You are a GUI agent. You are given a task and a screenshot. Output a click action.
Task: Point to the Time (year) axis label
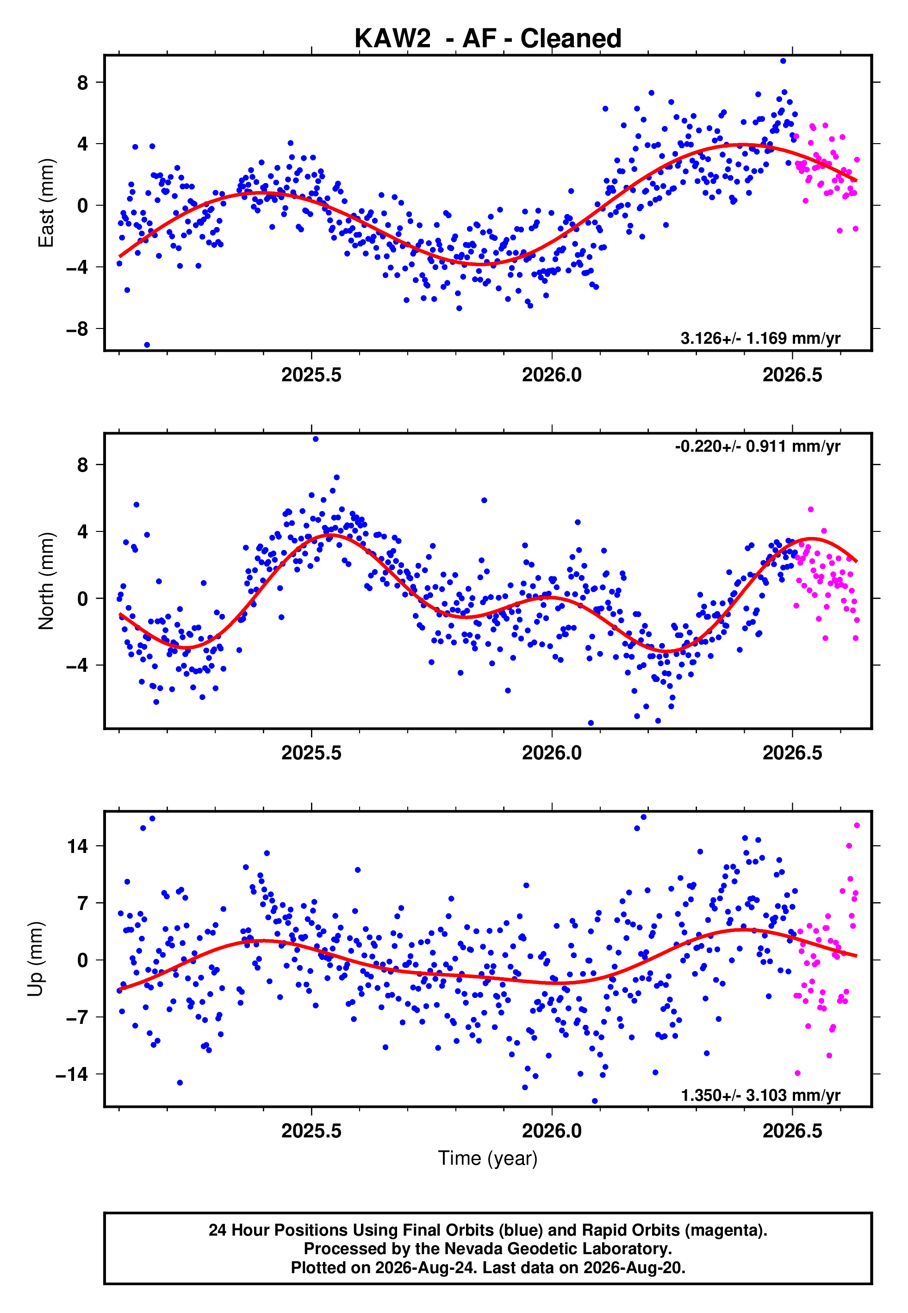click(488, 1158)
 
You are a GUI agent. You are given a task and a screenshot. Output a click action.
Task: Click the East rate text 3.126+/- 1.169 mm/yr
click(760, 338)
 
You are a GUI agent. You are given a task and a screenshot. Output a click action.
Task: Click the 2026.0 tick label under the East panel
click(552, 375)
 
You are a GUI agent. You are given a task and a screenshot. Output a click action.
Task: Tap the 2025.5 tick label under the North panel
click(311, 753)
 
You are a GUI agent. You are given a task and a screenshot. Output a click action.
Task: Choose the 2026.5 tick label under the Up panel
click(792, 1131)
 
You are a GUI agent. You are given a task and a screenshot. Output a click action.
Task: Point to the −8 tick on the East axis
click(77, 329)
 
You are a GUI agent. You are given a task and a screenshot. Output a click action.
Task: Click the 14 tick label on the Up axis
click(78, 846)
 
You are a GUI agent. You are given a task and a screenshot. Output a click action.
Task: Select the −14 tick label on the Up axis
click(72, 1074)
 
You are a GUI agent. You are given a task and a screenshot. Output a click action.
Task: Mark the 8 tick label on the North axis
click(83, 465)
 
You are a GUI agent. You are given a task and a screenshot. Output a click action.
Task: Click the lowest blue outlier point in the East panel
click(147, 345)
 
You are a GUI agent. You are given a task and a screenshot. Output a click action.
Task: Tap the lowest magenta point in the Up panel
click(798, 1073)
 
